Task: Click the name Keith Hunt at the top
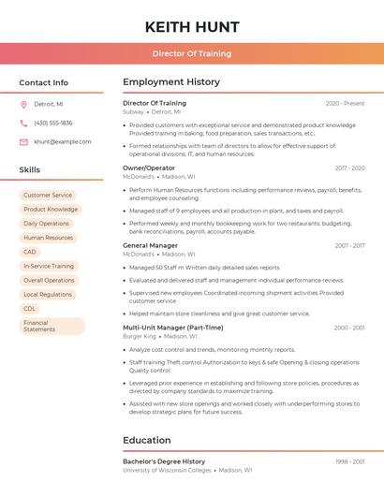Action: (192, 25)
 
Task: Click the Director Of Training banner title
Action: (192, 53)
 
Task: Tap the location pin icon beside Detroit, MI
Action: (23, 104)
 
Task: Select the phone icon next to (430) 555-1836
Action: (23, 123)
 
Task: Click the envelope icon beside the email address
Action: (23, 141)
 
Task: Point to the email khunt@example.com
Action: (63, 141)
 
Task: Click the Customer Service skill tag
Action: (48, 196)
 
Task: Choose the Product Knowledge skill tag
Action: (51, 210)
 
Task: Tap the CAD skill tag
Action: (30, 252)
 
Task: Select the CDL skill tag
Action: (30, 308)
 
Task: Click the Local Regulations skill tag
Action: (48, 294)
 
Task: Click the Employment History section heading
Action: (171, 82)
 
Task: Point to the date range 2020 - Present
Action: (345, 103)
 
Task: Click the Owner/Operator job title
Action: (149, 168)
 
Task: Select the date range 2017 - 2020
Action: (349, 168)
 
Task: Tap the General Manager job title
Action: (150, 245)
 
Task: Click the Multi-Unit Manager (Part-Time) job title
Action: (173, 328)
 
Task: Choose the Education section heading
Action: (147, 440)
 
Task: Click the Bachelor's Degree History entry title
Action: (164, 461)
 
